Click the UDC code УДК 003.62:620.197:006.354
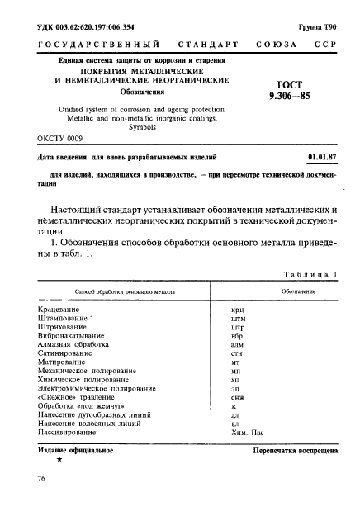click(x=89, y=28)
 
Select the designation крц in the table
click(x=238, y=310)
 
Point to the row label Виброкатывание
click(x=75, y=338)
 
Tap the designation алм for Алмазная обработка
click(x=238, y=347)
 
